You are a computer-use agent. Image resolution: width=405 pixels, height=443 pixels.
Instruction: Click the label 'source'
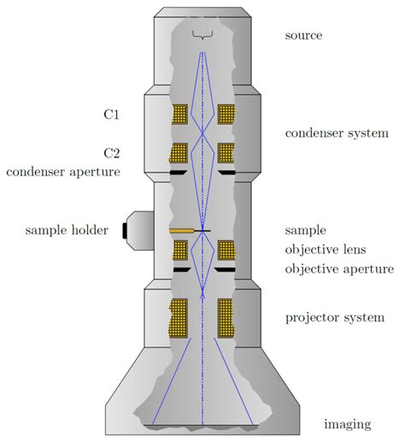point(303,35)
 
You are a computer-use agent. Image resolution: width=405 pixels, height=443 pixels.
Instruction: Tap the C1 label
point(111,114)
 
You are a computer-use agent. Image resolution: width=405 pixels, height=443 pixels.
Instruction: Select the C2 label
point(111,153)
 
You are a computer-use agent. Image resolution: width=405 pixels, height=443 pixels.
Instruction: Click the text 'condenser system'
point(337,133)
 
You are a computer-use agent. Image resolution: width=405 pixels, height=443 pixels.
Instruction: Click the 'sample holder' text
point(67,230)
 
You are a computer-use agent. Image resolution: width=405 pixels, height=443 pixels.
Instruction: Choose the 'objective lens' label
point(327,250)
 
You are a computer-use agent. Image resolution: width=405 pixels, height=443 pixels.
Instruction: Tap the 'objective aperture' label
point(338,269)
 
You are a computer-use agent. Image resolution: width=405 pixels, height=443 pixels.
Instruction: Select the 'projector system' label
point(334,318)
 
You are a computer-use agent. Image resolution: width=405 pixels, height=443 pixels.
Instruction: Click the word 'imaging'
point(347,424)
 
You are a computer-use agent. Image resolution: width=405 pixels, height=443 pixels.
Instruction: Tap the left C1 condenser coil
point(179,114)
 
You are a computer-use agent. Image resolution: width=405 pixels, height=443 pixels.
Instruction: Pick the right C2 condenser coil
point(226,153)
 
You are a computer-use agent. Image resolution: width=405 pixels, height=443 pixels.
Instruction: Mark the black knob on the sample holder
point(125,230)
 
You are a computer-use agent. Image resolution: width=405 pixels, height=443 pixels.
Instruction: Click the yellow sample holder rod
point(181,231)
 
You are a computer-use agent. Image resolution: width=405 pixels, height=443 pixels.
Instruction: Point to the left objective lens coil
point(180,251)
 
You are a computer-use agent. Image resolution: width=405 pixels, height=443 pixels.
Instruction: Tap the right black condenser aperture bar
point(226,173)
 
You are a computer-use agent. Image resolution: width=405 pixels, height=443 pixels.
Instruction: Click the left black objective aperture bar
point(181,269)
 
